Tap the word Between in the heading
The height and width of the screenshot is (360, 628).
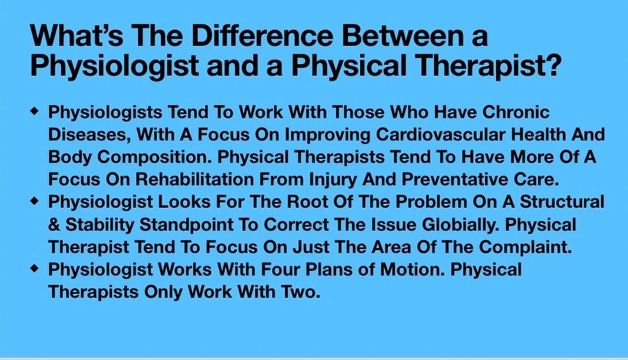pyautogui.click(x=401, y=35)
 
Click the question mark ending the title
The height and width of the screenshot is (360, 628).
pyautogui.click(x=552, y=65)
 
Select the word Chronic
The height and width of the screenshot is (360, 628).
pyautogui.click(x=516, y=112)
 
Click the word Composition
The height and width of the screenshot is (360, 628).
pyautogui.click(x=154, y=158)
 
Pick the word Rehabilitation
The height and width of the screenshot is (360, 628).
pyautogui.click(x=195, y=179)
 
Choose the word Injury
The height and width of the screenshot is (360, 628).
pyautogui.click(x=333, y=180)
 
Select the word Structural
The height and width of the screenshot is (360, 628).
pyautogui.click(x=562, y=202)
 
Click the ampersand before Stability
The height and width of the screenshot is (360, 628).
pyautogui.click(x=54, y=225)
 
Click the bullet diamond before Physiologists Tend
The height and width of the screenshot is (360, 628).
pyautogui.click(x=35, y=111)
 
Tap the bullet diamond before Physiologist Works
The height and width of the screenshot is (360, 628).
pyautogui.click(x=35, y=268)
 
